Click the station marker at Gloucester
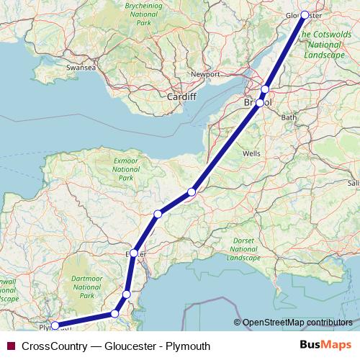(x=305, y=14)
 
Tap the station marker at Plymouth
(x=55, y=325)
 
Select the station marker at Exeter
(x=134, y=253)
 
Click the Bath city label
(x=289, y=117)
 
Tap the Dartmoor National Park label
(x=86, y=287)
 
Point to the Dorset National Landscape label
(x=243, y=249)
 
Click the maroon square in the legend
(x=9, y=346)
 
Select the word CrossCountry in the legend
(x=53, y=346)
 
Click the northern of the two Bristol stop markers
(x=265, y=89)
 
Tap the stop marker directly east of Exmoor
(x=192, y=192)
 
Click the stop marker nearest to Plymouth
(x=114, y=313)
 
